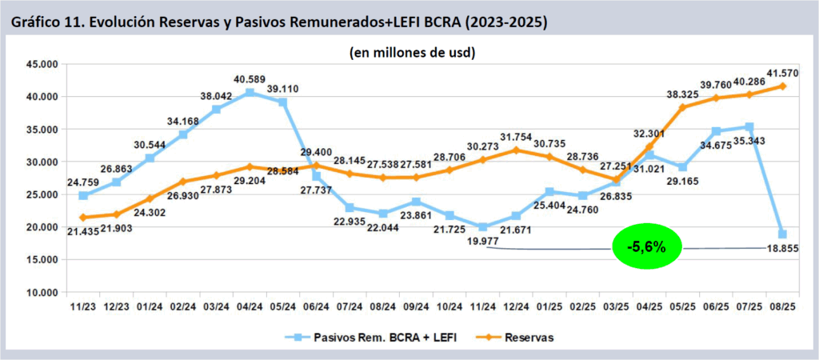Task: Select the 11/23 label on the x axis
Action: point(83,306)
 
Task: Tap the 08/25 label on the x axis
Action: point(782,306)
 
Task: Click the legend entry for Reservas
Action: point(529,338)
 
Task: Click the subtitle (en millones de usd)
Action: point(413,53)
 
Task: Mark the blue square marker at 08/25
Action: point(782,234)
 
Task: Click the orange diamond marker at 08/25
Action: point(782,86)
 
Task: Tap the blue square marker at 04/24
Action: point(250,93)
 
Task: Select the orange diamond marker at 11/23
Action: point(83,218)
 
